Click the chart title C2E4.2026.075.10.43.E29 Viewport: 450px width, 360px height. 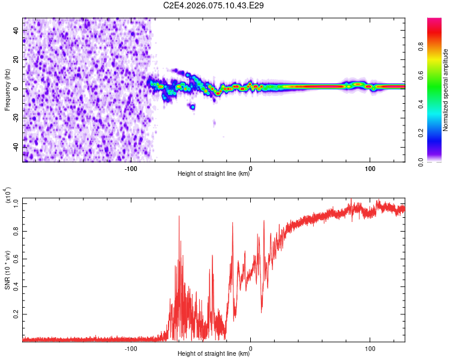(x=214, y=5)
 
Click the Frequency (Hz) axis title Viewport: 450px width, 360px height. (x=7, y=90)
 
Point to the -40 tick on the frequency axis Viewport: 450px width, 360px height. (x=15, y=146)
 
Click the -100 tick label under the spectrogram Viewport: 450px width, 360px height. (x=131, y=168)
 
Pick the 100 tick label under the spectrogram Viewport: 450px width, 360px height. (x=370, y=168)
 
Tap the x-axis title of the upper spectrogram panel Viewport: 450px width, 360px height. (x=214, y=175)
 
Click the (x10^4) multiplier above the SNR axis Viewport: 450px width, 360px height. (x=9, y=197)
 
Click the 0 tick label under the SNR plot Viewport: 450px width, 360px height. (x=251, y=348)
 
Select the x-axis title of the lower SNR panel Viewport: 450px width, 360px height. (x=214, y=355)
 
